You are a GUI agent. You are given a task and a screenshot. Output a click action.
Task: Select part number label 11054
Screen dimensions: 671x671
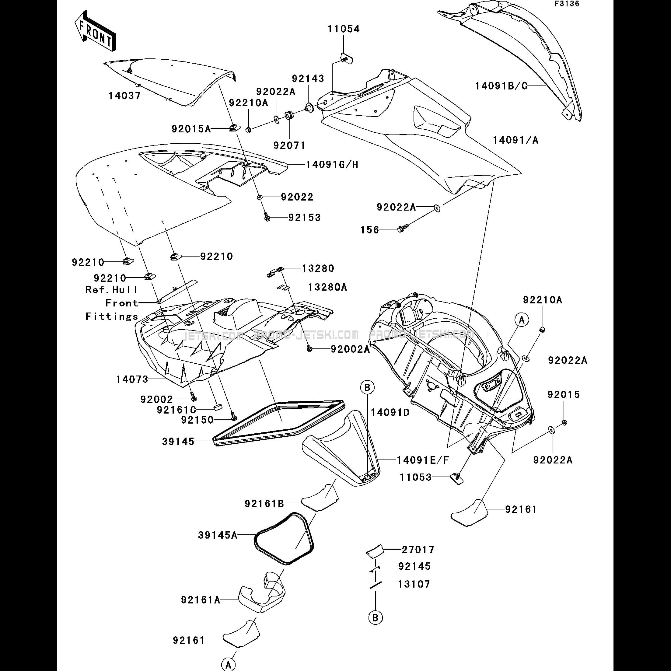[344, 29]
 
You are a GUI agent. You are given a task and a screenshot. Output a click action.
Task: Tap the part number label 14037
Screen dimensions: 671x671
[124, 96]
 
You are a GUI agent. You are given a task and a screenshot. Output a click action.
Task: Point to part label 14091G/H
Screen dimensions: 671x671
[332, 164]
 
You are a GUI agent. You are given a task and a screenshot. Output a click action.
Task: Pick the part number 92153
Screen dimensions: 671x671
[304, 218]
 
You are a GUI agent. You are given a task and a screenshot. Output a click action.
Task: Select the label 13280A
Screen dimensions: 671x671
[327, 287]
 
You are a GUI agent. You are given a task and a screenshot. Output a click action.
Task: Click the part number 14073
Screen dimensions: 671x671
[132, 379]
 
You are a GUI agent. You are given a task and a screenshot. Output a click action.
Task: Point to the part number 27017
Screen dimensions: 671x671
[418, 550]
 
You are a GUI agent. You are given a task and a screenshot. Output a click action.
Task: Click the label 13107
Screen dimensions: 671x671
[414, 584]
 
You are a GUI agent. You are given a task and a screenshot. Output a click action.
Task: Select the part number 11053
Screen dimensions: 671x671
[415, 477]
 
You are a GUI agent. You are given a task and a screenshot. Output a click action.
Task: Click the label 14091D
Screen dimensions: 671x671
[390, 413]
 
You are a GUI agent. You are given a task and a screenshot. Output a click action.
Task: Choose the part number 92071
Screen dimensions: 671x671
[289, 145]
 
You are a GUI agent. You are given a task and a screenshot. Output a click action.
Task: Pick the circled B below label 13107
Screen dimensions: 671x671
[375, 618]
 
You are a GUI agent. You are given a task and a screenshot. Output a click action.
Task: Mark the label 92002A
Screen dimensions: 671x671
[350, 349]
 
